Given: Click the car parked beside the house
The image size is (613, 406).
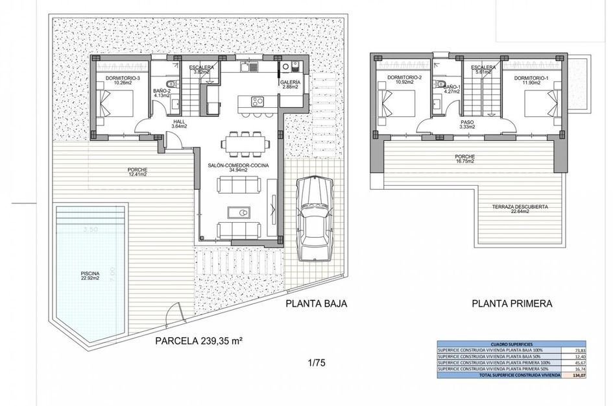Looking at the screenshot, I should click(x=314, y=218).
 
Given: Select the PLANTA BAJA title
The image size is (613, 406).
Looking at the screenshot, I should click(x=317, y=303).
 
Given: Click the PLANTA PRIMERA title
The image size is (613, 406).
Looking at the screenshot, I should click(x=512, y=303).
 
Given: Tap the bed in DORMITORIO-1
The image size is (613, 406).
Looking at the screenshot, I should click(x=540, y=105).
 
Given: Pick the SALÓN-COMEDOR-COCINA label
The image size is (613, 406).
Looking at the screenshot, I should click(x=237, y=168).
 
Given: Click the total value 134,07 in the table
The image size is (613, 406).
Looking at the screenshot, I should click(x=578, y=375).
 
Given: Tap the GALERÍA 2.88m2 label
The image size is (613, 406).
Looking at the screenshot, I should click(x=290, y=85).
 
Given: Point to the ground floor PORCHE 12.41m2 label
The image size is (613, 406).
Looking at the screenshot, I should click(x=137, y=172).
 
